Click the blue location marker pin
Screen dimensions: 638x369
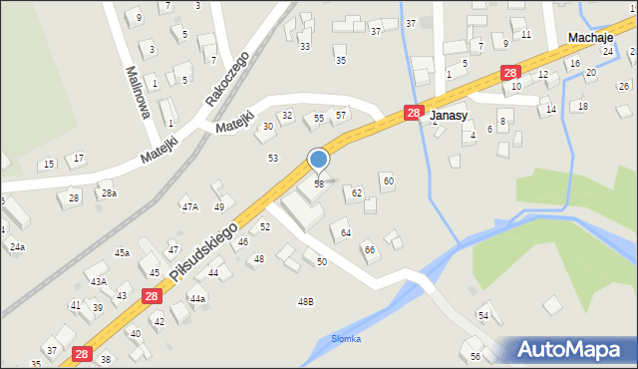319,160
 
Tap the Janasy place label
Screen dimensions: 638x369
449,116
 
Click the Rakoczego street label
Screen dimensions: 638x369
226,79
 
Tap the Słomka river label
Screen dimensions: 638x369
346,339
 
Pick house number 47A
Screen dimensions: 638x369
189,207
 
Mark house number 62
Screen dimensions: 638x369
356,193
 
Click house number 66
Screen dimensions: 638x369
369,249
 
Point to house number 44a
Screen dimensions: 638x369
197,299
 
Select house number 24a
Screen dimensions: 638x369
17,246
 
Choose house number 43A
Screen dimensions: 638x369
98,282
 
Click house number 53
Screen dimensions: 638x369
272,158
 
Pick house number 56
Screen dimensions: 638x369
476,356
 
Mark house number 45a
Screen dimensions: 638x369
122,253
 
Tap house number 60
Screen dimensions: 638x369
388,181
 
